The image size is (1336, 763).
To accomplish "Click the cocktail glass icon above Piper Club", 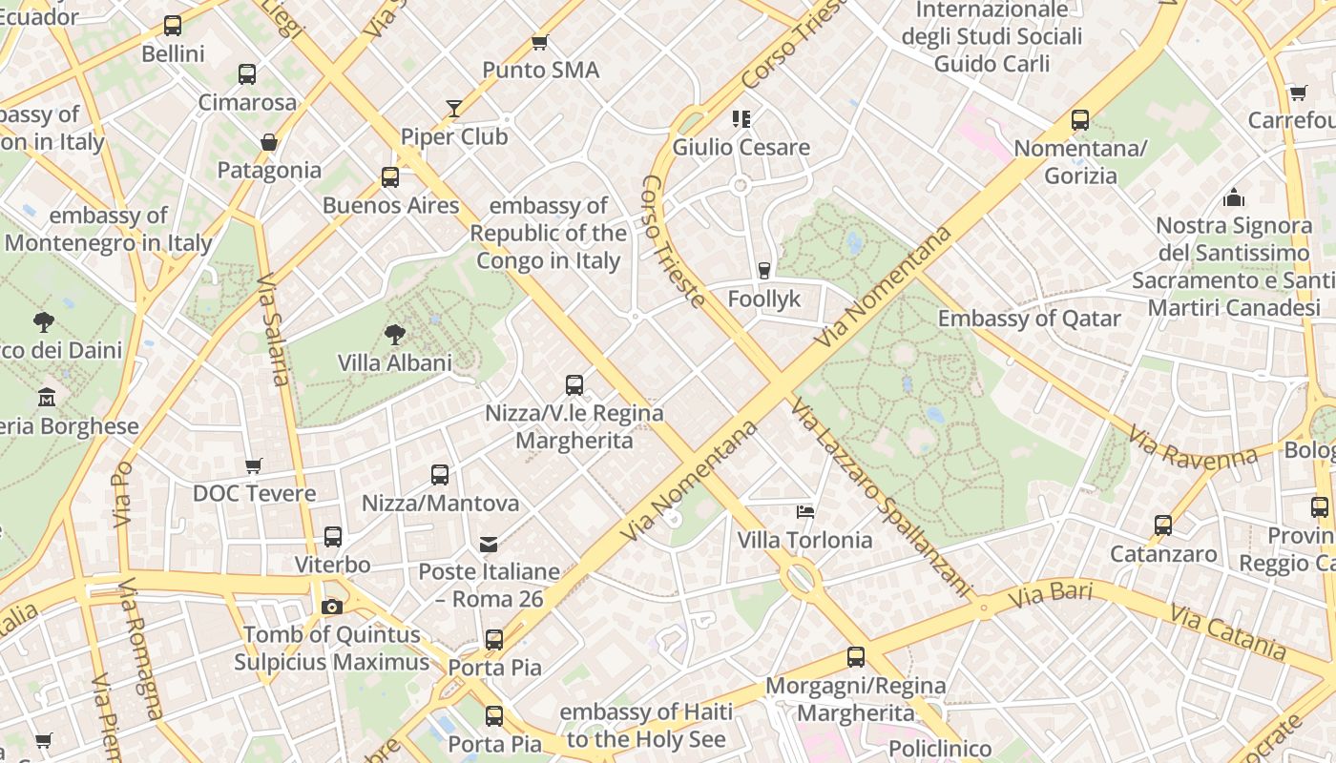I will click(x=454, y=109).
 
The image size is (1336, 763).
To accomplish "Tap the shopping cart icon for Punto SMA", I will click(x=539, y=42).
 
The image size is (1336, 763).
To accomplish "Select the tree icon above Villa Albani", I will click(x=394, y=334).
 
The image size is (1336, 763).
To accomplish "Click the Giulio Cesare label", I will click(x=741, y=147).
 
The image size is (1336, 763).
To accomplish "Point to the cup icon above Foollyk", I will click(x=763, y=270).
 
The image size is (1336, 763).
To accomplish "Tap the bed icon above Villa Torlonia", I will click(x=804, y=511).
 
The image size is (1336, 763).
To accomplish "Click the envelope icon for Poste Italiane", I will click(x=489, y=545).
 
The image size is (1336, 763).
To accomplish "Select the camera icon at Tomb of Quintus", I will click(x=331, y=607).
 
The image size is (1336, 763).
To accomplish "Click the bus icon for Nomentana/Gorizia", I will click(x=1079, y=120).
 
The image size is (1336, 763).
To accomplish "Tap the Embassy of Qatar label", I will click(x=1029, y=319).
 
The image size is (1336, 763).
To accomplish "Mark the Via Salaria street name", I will click(x=273, y=330).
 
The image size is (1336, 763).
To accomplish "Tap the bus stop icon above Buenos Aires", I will click(x=389, y=176).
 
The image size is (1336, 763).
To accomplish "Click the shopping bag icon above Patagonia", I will click(x=269, y=142).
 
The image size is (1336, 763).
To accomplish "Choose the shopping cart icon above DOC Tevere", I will click(x=253, y=465).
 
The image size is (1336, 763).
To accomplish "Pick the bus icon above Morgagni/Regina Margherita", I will click(x=855, y=656).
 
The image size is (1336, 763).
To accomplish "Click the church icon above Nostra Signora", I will click(x=1233, y=197).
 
